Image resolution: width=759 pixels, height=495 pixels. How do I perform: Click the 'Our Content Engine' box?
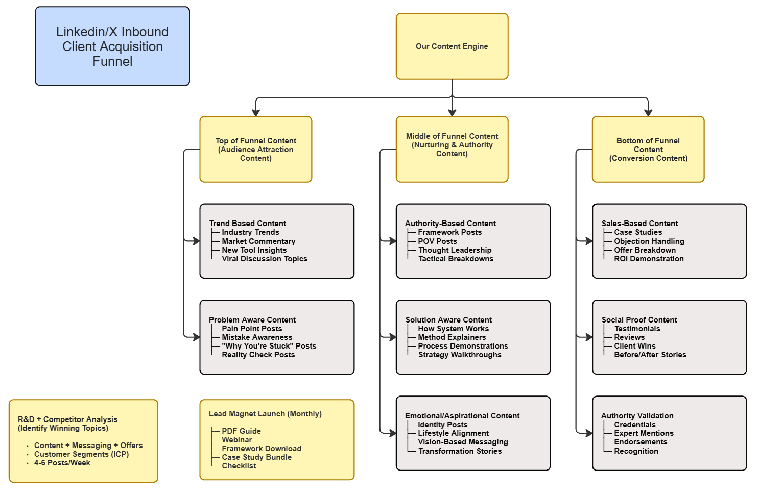(452, 46)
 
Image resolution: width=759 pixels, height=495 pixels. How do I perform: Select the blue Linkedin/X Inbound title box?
(112, 46)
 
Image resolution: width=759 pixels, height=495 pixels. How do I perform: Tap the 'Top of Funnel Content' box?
(255, 149)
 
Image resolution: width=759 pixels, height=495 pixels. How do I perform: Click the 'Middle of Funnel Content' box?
(452, 149)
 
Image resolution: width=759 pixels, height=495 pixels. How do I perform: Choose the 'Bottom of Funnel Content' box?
(648, 149)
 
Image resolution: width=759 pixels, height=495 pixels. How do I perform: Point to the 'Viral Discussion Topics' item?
(264, 259)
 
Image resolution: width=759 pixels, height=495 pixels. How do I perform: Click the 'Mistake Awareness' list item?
(257, 337)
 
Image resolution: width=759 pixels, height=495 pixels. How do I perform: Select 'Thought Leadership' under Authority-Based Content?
(455, 250)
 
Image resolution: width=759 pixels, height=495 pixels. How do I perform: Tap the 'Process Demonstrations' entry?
(463, 346)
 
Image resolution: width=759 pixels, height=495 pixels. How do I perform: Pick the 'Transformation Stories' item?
(460, 451)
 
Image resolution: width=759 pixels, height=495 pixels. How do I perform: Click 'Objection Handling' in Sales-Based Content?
(649, 241)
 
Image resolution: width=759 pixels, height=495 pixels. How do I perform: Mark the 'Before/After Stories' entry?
(650, 355)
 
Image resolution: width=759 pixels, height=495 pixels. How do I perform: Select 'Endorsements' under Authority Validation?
(641, 442)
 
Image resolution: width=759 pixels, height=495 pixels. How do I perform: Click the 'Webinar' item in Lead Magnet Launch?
(236, 440)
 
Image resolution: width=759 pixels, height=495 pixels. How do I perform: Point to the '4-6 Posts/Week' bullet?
(62, 463)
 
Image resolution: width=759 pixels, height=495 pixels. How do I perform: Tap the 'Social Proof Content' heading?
(639, 320)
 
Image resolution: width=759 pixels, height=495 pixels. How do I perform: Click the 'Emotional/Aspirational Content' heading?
(462, 416)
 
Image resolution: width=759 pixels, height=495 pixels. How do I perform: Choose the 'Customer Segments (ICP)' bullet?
(81, 454)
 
